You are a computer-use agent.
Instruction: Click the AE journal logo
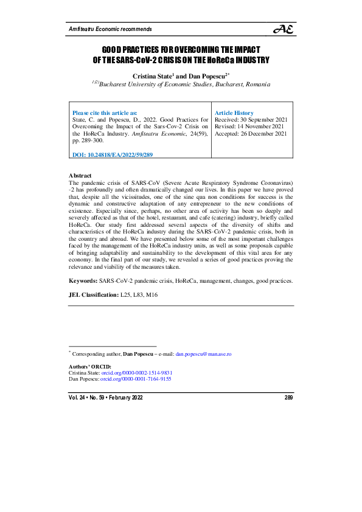284,30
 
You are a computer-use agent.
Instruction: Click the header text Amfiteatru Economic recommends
110,29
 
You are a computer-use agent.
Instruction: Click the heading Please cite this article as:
105,113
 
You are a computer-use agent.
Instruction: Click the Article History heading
235,113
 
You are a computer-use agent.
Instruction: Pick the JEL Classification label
94,294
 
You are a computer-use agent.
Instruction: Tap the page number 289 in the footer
288,397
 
